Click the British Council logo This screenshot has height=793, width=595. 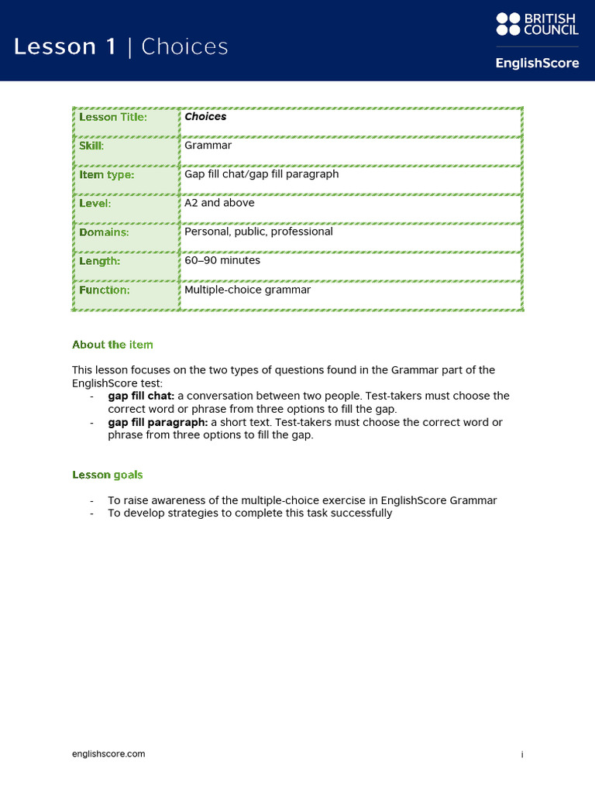tap(537, 24)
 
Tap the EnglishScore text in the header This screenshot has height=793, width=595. tap(537, 63)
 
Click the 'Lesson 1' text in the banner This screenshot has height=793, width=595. tap(65, 47)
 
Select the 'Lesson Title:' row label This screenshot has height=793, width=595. tap(113, 117)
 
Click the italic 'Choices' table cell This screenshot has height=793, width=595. tap(205, 117)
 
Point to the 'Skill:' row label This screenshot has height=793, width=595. tap(91, 146)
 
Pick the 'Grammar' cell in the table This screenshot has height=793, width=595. tap(208, 146)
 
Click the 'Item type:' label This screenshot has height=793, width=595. tap(107, 175)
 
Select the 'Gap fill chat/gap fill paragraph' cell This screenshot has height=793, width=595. tap(261, 174)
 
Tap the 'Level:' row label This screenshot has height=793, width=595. tap(95, 204)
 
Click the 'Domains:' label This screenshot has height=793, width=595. tap(104, 232)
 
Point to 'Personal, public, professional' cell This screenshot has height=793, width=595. tap(258, 232)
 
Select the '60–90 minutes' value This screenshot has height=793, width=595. tap(222, 261)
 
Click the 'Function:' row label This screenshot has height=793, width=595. tap(105, 290)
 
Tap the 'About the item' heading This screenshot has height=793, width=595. tap(112, 345)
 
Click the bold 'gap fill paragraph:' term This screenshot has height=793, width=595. tap(157, 422)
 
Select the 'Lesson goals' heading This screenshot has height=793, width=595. tap(107, 475)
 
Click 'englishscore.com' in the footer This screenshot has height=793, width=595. tap(108, 754)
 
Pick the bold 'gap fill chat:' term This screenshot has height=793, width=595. tap(141, 396)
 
